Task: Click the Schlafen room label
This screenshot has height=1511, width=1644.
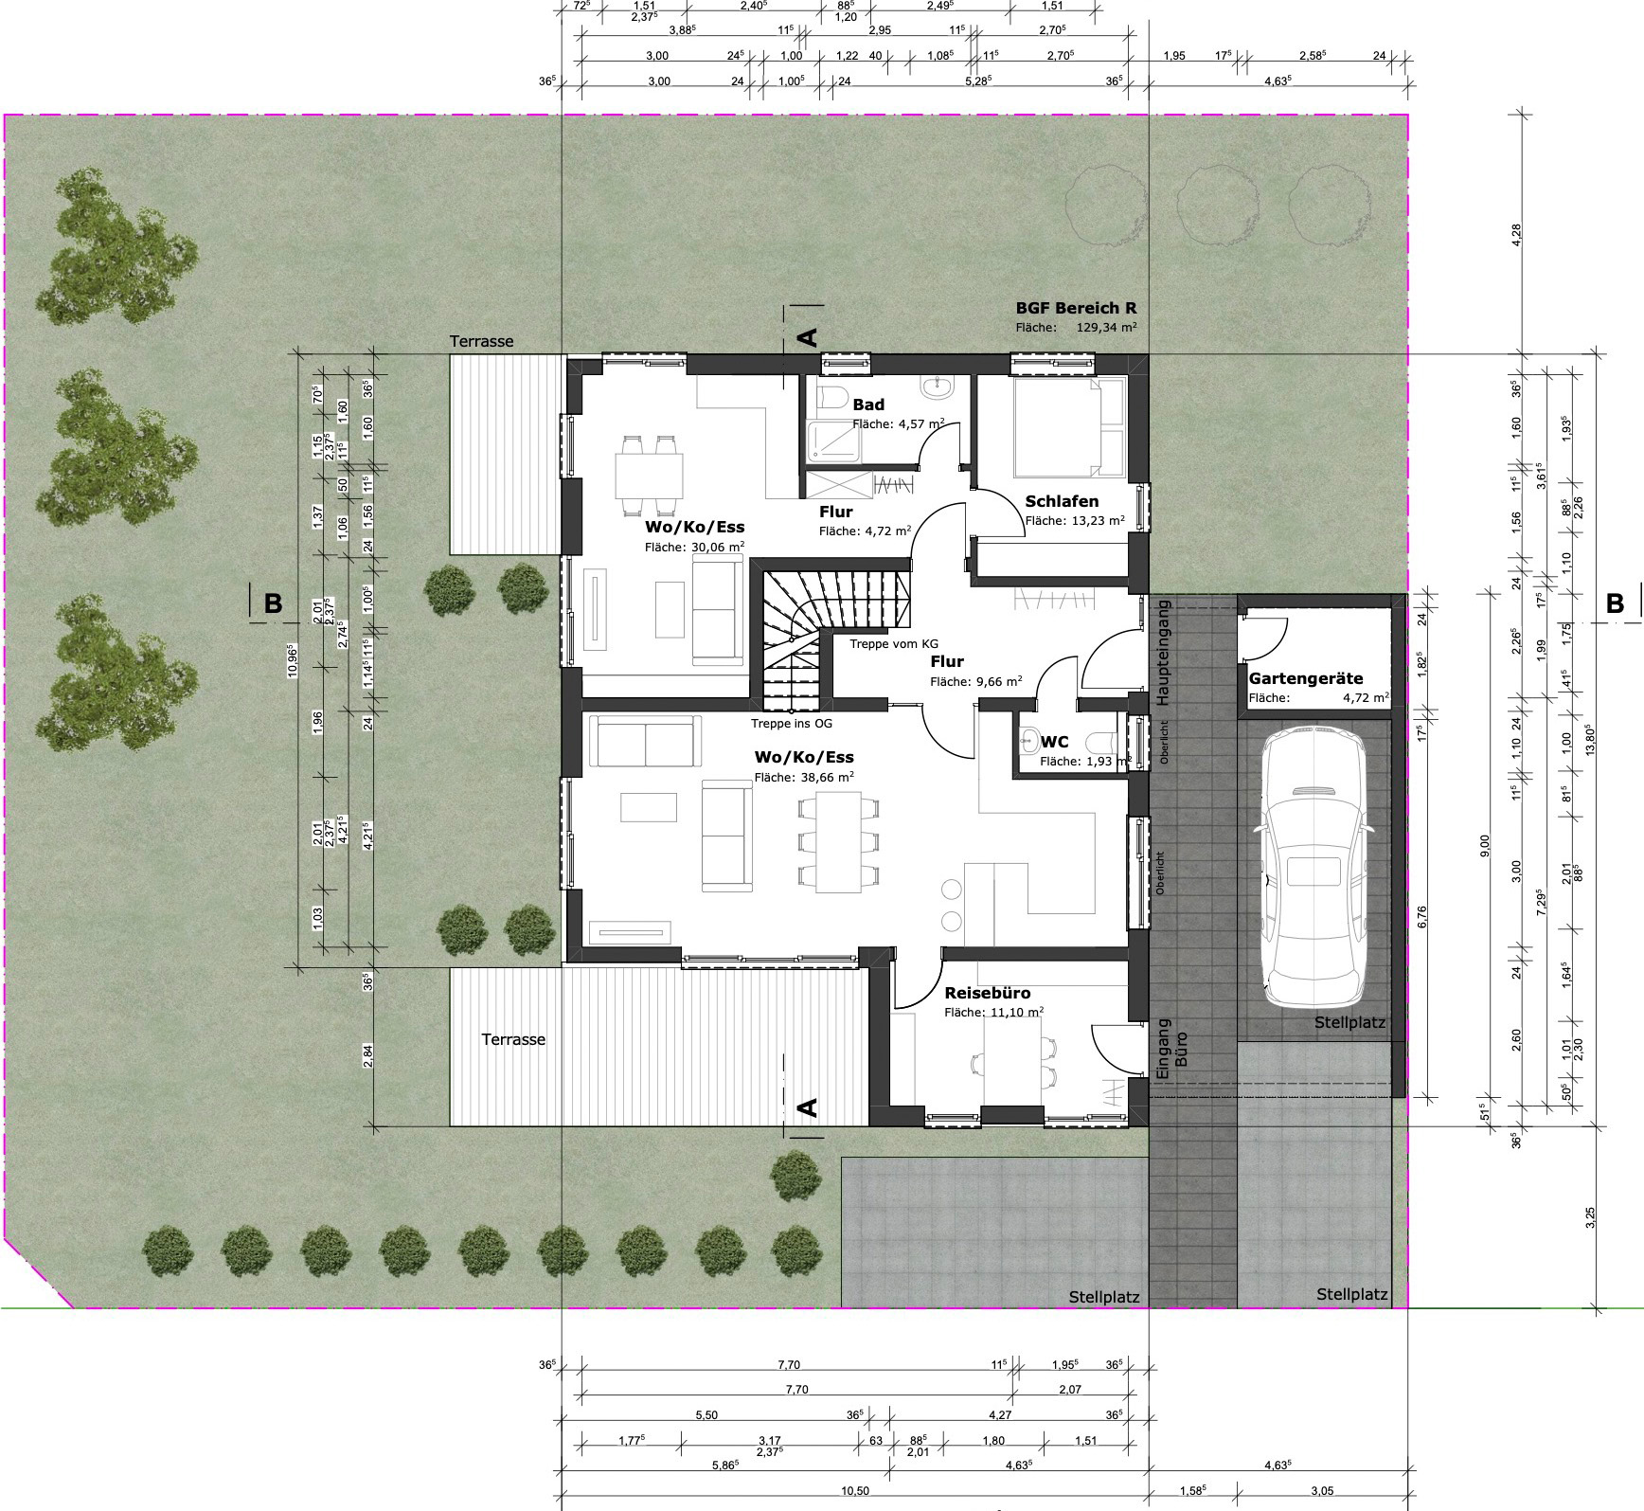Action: pyautogui.click(x=1062, y=501)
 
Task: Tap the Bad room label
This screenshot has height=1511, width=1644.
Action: pyautogui.click(x=868, y=405)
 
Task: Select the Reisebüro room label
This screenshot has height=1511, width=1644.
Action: pyautogui.click(x=988, y=993)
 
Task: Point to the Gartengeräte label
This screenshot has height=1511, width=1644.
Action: pyautogui.click(x=1306, y=678)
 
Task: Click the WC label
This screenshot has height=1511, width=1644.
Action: pyautogui.click(x=1054, y=741)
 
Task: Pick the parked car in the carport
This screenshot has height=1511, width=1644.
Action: pyautogui.click(x=1313, y=867)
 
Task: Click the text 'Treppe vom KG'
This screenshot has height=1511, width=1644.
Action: pyautogui.click(x=894, y=643)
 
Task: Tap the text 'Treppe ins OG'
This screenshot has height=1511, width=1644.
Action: pyautogui.click(x=792, y=724)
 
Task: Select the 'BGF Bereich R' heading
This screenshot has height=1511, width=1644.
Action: pyautogui.click(x=1076, y=308)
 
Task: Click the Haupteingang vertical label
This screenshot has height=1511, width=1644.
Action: pyautogui.click(x=1164, y=653)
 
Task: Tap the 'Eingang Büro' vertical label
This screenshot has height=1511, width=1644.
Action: pyautogui.click(x=1171, y=1050)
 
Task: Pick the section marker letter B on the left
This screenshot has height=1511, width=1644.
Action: pyautogui.click(x=273, y=603)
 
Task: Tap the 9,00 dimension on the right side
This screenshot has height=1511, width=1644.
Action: pyautogui.click(x=1484, y=843)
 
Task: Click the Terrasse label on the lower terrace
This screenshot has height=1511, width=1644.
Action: pyautogui.click(x=513, y=1039)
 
